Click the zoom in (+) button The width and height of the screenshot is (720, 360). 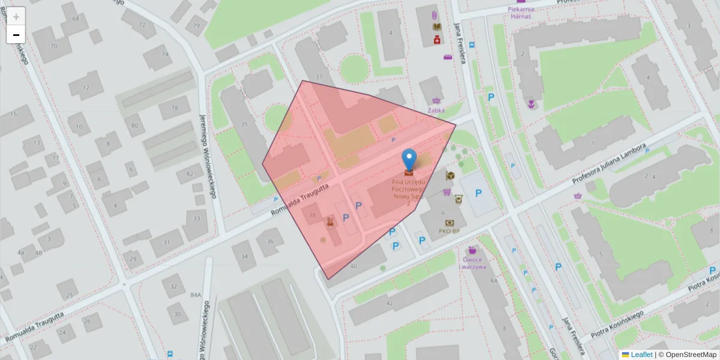tap(16, 17)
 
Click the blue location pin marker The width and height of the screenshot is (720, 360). tap(409, 160)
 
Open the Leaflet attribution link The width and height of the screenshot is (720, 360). tap(641, 355)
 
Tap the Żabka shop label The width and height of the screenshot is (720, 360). tap(436, 110)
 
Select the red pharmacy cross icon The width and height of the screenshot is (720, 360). tap(437, 39)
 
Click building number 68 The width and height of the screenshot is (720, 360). tap(76, 19)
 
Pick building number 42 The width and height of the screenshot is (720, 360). tap(389, 304)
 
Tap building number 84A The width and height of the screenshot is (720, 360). tap(196, 295)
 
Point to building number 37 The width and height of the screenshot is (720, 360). tap(319, 77)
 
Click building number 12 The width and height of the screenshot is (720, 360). tap(86, 88)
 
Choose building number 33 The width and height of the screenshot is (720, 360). tap(197, 218)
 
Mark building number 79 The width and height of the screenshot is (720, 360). tap(196, 25)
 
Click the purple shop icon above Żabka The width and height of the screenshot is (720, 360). tap(436, 100)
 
